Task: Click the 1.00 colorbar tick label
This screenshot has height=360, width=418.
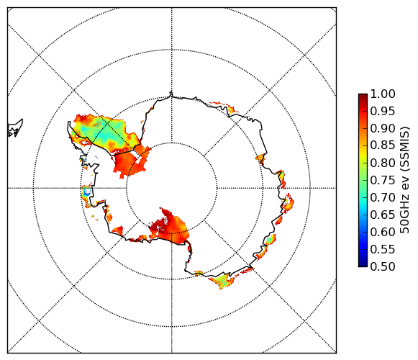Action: tap(383, 94)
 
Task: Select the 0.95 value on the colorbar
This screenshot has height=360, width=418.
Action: tap(383, 112)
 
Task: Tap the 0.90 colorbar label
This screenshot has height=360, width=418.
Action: tap(383, 128)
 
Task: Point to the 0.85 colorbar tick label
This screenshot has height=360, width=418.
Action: tap(383, 145)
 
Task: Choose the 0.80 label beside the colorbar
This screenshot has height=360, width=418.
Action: tap(383, 163)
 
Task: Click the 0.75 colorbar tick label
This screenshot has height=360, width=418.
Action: tap(383, 181)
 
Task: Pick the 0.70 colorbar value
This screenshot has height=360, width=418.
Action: tap(383, 197)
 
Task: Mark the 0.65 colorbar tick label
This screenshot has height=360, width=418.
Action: tap(383, 215)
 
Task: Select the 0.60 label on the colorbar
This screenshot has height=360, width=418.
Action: tap(383, 232)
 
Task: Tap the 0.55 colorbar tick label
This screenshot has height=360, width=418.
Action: tap(383, 249)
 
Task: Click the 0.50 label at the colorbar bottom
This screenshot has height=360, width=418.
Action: tap(383, 266)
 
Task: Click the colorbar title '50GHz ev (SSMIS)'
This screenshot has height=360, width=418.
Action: tap(404, 180)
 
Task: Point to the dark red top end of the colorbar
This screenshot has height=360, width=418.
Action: tap(363, 95)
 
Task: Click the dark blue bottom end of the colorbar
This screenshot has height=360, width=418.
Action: tap(363, 265)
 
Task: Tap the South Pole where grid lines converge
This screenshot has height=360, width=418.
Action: tap(171, 188)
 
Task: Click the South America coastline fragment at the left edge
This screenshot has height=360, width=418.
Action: tap(15, 128)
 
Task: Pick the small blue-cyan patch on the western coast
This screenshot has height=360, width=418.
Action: tap(86, 192)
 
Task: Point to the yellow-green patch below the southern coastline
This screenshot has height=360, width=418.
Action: tap(222, 281)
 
